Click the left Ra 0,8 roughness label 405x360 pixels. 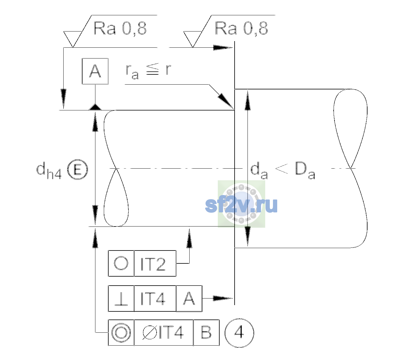point(120,29)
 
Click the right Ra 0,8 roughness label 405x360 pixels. point(241,29)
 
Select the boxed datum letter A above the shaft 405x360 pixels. point(95,71)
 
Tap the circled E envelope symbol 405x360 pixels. point(77,169)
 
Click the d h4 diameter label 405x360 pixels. point(49,170)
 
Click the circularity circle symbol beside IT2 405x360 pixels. point(121,263)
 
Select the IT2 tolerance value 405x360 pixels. point(153,264)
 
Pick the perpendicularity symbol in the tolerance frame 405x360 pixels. point(121,299)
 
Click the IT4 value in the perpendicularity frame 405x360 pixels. point(153,299)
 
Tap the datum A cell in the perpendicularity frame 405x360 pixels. point(189,298)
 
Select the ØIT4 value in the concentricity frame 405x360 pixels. point(163,333)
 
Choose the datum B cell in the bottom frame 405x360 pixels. point(206,333)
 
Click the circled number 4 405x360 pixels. point(239,333)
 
